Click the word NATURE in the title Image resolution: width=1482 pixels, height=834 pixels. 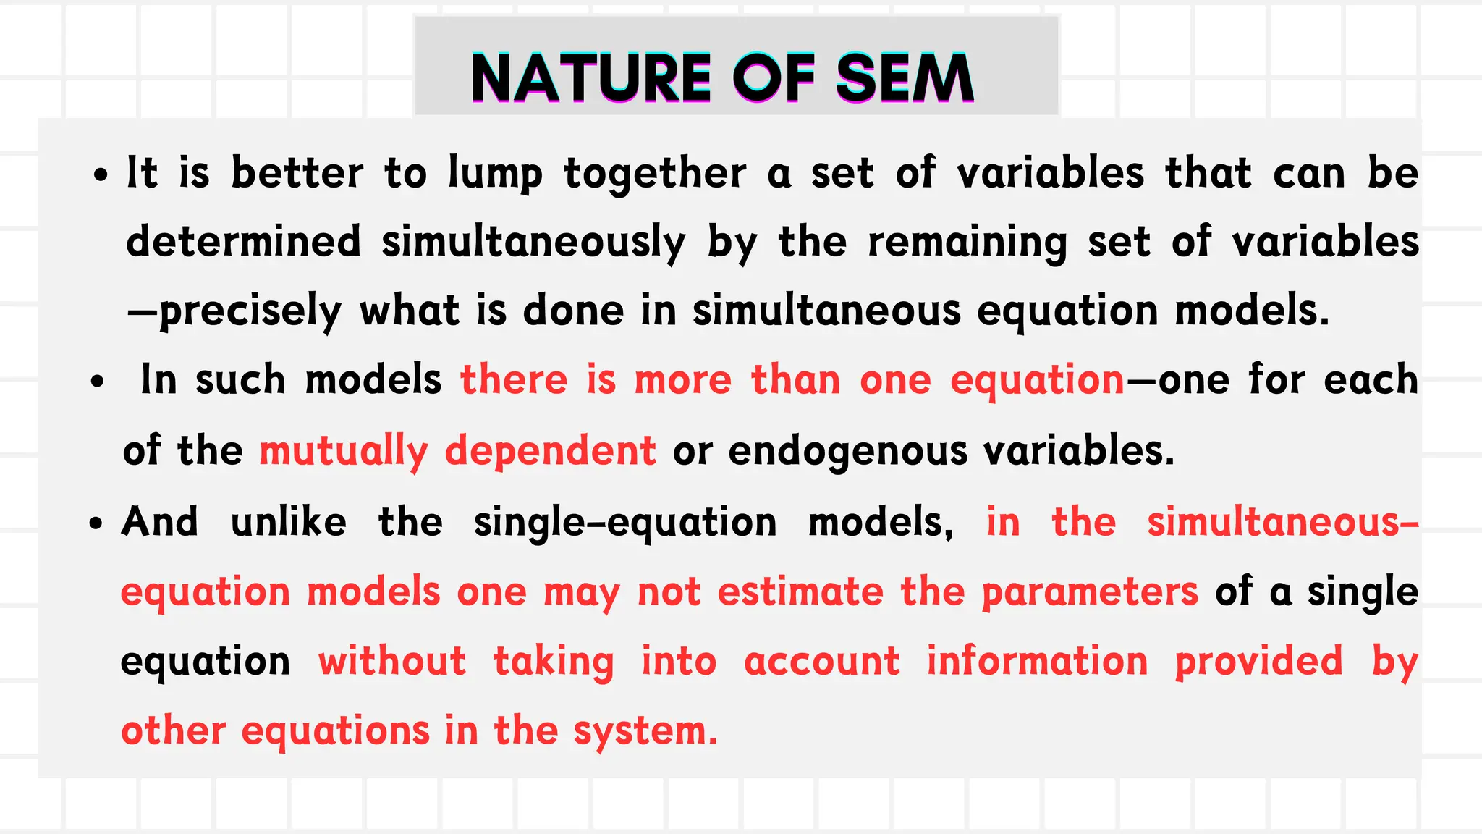(x=590, y=78)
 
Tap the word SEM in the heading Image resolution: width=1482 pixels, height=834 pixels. (x=905, y=78)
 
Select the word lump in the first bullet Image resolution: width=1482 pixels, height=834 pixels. (x=495, y=174)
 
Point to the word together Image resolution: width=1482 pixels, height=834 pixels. (x=655, y=174)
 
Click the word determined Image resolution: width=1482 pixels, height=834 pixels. (x=243, y=241)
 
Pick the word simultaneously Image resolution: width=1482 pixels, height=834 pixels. (x=533, y=243)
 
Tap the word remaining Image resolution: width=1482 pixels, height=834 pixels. (x=967, y=243)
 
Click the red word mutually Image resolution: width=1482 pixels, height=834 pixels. (x=344, y=451)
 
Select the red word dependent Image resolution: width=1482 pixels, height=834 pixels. (x=550, y=450)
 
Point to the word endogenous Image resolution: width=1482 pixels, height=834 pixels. (x=847, y=451)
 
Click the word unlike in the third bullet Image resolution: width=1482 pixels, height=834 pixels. (x=288, y=521)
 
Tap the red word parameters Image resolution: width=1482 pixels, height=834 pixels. (x=1090, y=592)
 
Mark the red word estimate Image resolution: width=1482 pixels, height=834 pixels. (x=800, y=591)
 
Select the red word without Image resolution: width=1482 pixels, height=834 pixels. (x=392, y=661)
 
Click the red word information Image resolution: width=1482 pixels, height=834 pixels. (x=1037, y=661)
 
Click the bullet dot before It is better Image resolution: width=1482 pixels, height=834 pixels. (x=101, y=176)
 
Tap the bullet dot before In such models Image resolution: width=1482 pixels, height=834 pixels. (x=98, y=382)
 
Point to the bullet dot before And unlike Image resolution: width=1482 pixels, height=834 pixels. (x=97, y=523)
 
